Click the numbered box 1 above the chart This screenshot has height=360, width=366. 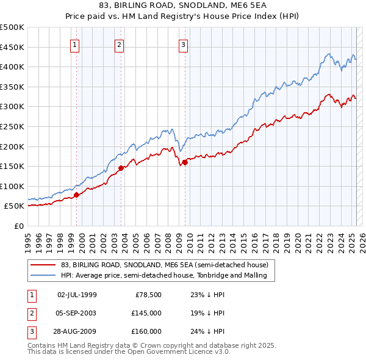[74, 44]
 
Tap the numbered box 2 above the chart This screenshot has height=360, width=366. [119, 44]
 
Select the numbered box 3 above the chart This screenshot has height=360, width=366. [183, 44]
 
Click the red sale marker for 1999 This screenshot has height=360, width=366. [77, 195]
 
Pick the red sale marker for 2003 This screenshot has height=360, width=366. [121, 168]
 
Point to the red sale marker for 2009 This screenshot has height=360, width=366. [185, 162]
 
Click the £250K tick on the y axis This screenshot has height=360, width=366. [12, 126]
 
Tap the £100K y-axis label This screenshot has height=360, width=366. [12, 186]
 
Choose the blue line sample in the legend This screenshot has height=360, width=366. [43, 275]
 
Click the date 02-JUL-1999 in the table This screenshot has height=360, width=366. [77, 295]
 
